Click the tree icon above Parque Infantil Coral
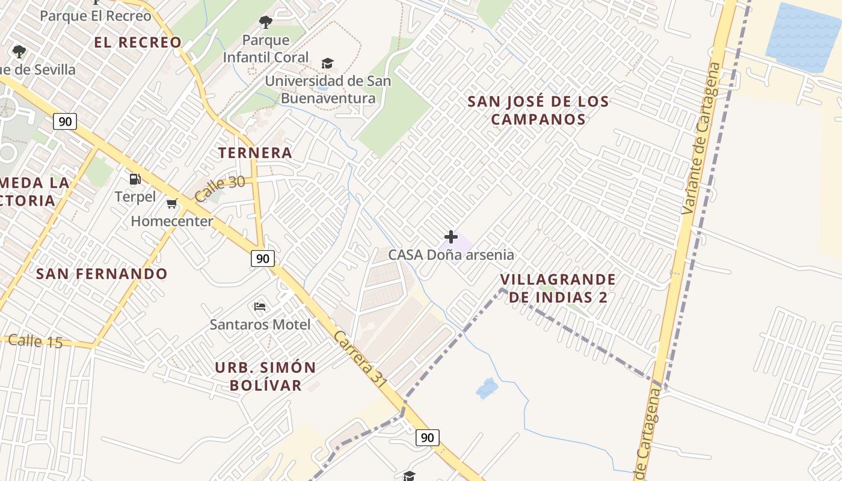pos(265,23)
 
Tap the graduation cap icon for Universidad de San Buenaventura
pos(327,63)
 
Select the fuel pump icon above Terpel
pos(135,179)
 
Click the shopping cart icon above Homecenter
pos(172,203)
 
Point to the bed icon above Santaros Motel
pos(260,307)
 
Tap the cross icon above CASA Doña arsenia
pos(450,237)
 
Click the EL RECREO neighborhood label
pos(138,42)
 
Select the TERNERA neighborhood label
pos(255,153)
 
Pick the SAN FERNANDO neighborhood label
pos(102,274)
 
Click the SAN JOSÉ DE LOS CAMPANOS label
pos(538,110)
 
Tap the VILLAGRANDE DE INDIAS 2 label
pos(558,288)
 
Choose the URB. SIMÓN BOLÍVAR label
pos(266,376)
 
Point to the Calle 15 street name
pos(35,341)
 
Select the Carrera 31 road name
pos(361,358)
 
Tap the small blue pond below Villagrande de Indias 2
pos(487,388)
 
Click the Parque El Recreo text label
pos(95,16)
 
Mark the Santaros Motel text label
pos(260,325)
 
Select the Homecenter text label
pos(172,221)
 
